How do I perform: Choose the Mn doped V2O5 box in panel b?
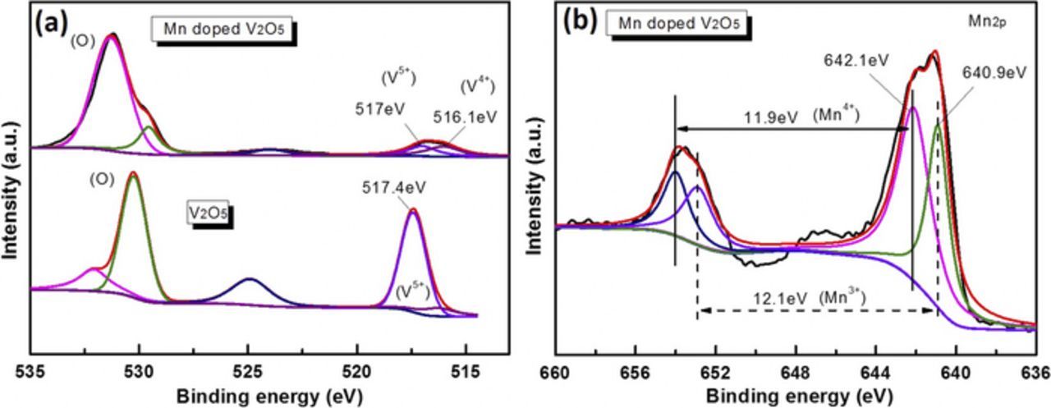676,24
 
